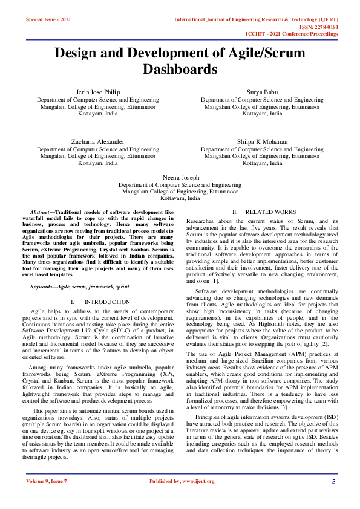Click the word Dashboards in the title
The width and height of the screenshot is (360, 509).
point(180,70)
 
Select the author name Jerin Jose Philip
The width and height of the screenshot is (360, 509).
point(98,92)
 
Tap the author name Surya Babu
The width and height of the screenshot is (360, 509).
point(262,92)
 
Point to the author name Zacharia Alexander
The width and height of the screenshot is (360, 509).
point(98,141)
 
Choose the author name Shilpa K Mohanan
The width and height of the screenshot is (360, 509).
point(262,141)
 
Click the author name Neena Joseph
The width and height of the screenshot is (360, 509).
point(180,177)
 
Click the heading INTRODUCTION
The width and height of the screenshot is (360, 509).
point(107,302)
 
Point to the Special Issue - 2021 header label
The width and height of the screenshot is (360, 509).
point(48,20)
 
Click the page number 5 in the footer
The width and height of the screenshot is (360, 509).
point(333,481)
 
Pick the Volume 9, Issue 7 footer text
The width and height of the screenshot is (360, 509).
point(48,481)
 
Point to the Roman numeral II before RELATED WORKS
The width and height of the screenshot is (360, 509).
point(235,212)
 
